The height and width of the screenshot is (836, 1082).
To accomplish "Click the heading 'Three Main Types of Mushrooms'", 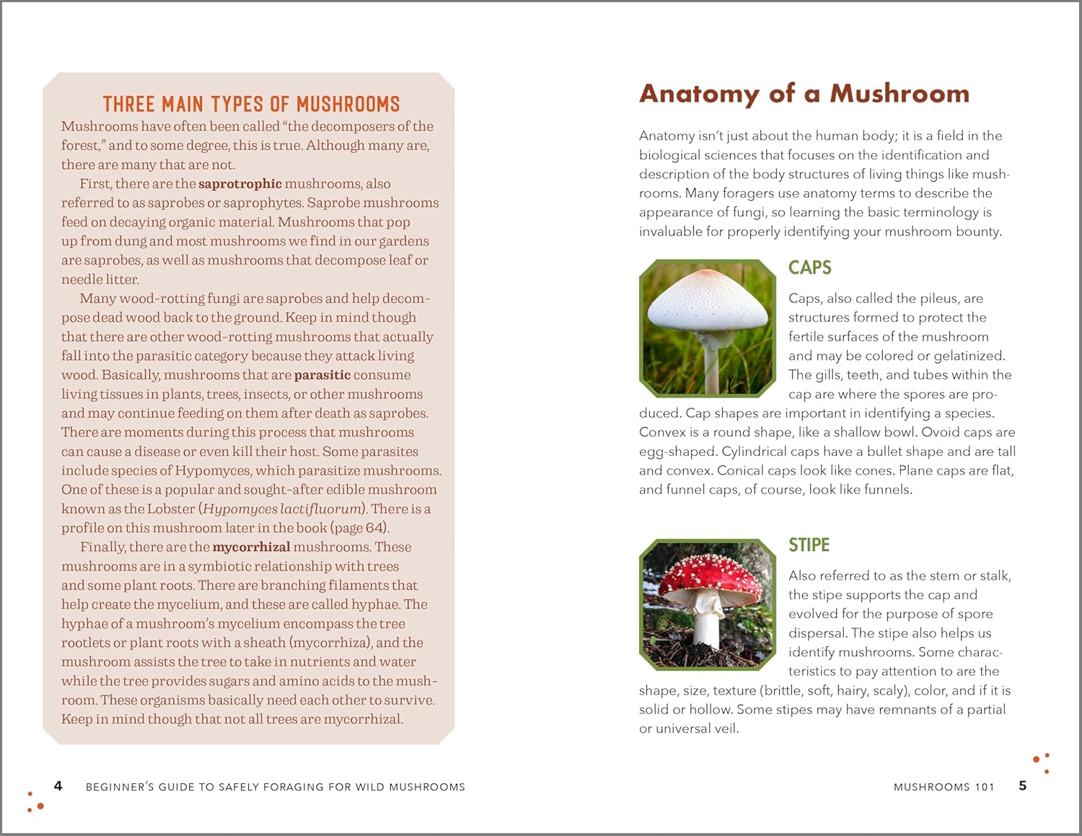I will tap(251, 105).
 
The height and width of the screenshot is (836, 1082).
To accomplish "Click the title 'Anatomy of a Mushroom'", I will tap(804, 94).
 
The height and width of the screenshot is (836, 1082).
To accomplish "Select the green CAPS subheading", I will tap(809, 268).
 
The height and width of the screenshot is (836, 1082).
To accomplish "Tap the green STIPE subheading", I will tap(809, 545).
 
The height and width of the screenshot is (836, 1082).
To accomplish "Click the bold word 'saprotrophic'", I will tap(239, 184).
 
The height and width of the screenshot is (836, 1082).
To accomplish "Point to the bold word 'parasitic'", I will tap(322, 375).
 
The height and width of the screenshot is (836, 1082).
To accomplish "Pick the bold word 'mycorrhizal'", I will tap(251, 547).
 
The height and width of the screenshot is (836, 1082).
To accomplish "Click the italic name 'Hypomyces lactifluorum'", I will tap(282, 509).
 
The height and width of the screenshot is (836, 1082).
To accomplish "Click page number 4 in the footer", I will tap(58, 786).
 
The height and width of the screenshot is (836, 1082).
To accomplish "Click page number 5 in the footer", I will tap(1022, 786).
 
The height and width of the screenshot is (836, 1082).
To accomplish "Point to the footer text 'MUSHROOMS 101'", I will tap(944, 787).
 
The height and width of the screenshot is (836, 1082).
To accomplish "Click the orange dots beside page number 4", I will tap(35, 801).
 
